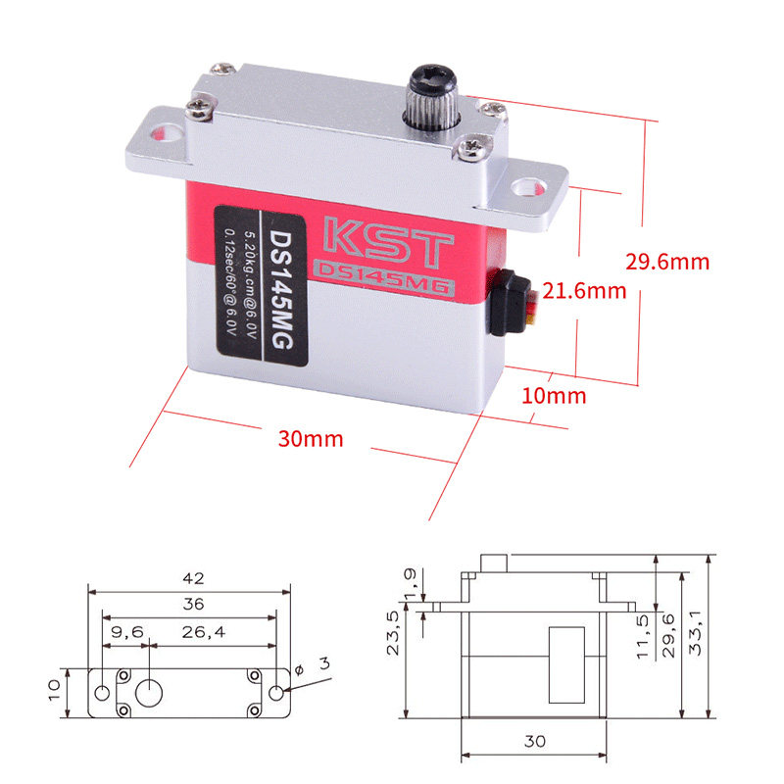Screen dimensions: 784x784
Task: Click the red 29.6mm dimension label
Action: point(667,262)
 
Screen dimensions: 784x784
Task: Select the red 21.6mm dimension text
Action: point(584,291)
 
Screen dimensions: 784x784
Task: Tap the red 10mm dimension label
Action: point(554,396)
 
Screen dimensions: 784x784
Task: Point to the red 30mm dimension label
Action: point(311,439)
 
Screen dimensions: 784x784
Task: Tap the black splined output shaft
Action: point(432,97)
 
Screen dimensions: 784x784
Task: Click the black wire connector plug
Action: point(509,303)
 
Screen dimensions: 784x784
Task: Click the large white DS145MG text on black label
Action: point(282,289)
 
